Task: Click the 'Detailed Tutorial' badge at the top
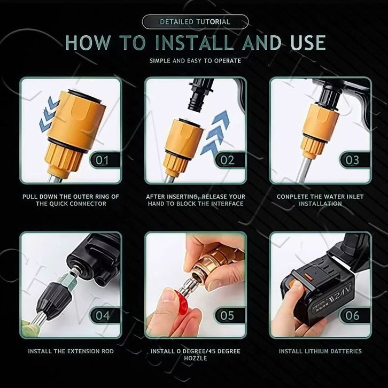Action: point(195,22)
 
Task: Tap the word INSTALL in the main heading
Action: point(195,43)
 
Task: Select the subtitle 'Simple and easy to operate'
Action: point(195,60)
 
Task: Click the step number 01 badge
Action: point(105,160)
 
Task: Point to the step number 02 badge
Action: point(229,160)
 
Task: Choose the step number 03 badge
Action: point(354,160)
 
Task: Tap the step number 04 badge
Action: point(105,315)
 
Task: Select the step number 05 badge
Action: point(229,315)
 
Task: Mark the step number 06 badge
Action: point(354,315)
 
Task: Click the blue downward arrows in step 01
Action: point(49,114)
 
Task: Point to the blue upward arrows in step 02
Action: point(215,133)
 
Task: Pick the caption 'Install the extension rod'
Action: point(71,351)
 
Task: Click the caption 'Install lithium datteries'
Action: point(320,351)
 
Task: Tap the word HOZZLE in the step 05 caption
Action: point(195,358)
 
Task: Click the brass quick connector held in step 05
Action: point(215,262)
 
